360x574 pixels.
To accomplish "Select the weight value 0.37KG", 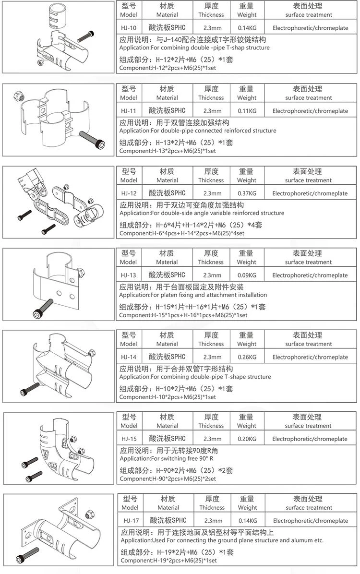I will pyautogui.click(x=246, y=193).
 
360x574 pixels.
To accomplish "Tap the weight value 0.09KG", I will pyautogui.click(x=246, y=275).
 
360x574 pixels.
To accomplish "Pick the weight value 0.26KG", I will pyautogui.click(x=246, y=357).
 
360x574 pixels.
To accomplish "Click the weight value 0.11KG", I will pyautogui.click(x=246, y=111).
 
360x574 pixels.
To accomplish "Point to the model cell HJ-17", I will pyautogui.click(x=130, y=521).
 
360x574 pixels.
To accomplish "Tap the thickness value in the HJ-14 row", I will pyautogui.click(x=211, y=357).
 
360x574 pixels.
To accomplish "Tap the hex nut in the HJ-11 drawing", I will pyautogui.click(x=20, y=93).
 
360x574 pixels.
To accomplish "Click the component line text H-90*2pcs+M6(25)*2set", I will pyautogui.click(x=168, y=479).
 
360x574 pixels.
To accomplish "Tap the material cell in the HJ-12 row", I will pyautogui.click(x=167, y=193).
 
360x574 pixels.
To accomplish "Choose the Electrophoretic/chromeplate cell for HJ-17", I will pyautogui.click(x=310, y=521).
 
